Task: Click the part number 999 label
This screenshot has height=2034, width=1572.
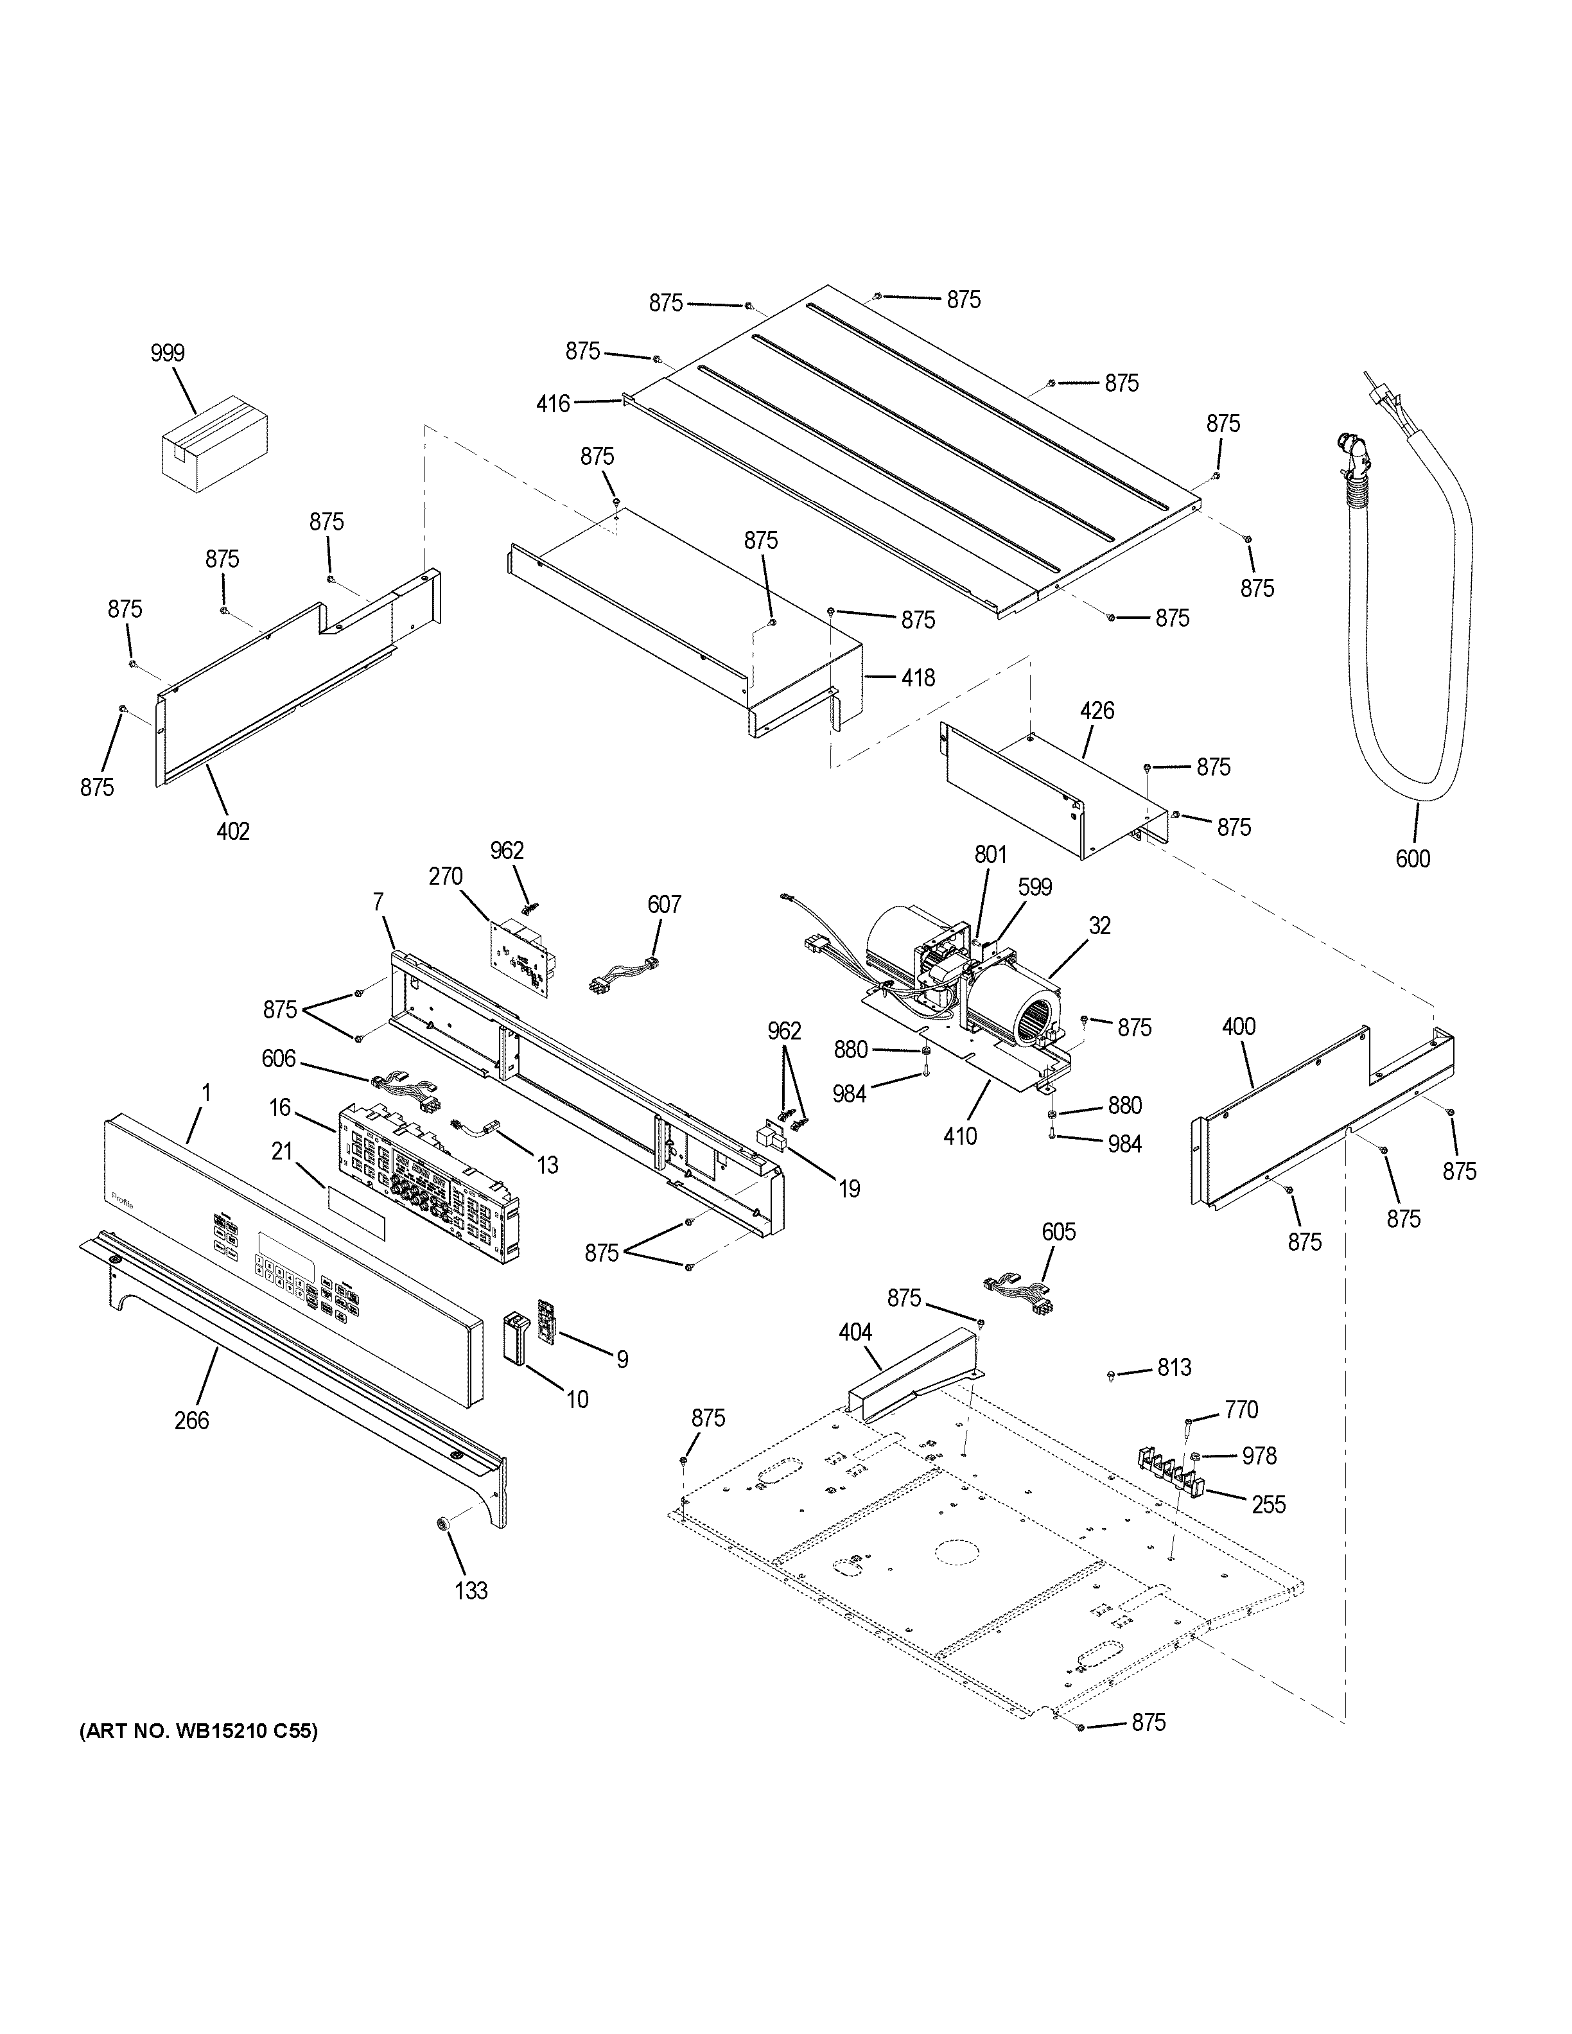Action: (168, 353)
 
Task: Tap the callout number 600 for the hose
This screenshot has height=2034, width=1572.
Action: (1413, 858)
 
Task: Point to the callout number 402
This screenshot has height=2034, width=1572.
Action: (233, 831)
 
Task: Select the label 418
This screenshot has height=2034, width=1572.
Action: (918, 678)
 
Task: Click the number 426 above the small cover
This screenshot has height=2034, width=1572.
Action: (1097, 711)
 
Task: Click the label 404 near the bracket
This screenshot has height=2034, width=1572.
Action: (855, 1333)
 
